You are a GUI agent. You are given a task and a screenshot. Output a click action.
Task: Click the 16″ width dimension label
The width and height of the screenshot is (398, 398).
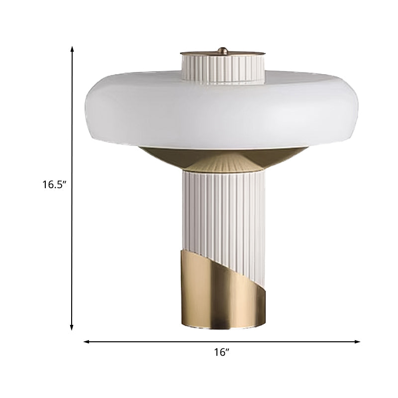point(221,353)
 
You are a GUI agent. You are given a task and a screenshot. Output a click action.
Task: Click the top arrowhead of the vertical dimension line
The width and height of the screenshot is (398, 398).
point(73,49)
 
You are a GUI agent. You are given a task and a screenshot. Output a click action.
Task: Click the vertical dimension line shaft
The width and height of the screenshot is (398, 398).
point(73,124)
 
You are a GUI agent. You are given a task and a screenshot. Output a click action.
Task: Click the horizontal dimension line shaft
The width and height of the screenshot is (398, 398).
point(149,342)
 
